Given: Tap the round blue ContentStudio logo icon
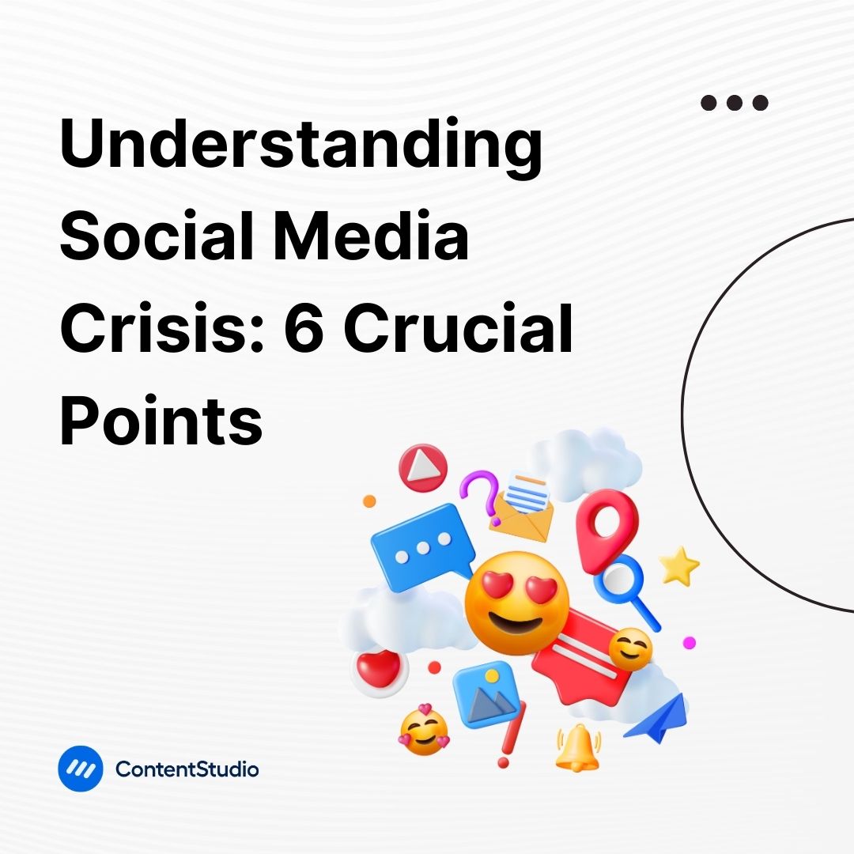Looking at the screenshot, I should [80, 768].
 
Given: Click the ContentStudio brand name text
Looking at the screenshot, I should [187, 769].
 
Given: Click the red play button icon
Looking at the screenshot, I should [422, 467].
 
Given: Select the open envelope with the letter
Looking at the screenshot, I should [521, 506].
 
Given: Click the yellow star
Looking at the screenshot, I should [679, 567].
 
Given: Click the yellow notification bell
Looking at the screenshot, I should [577, 746].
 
